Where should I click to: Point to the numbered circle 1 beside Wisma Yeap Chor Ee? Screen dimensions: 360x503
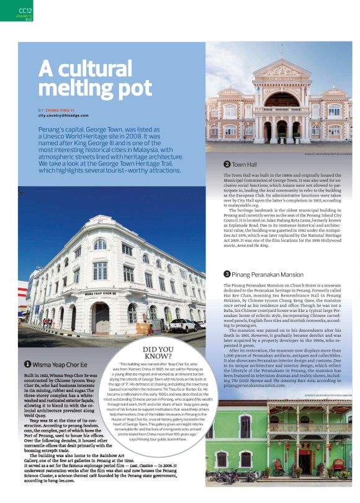[x=28, y=365]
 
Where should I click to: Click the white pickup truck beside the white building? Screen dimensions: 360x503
[x=183, y=325]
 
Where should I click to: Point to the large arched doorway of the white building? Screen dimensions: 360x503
[x=101, y=318]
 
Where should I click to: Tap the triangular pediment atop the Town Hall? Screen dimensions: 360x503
[x=281, y=68]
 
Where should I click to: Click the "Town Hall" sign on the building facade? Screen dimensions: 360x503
[x=281, y=80]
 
